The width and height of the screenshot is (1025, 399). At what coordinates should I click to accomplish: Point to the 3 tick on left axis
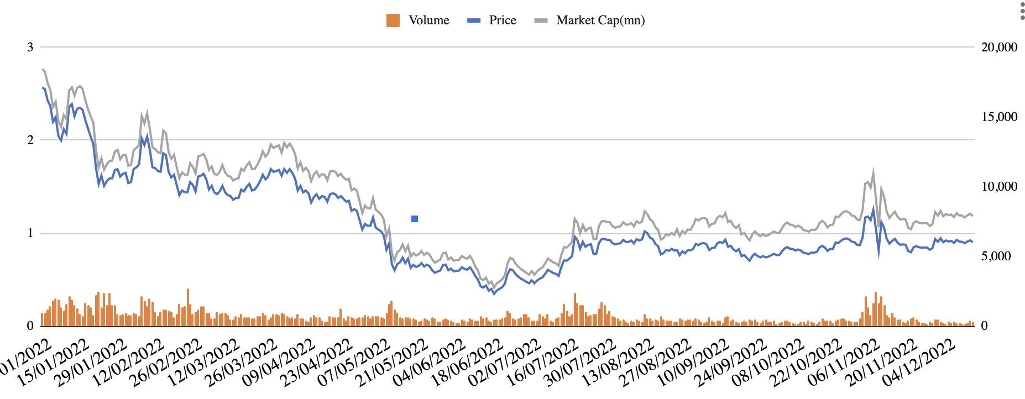click(x=30, y=47)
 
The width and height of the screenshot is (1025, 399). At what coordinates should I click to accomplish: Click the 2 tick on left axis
click(x=30, y=140)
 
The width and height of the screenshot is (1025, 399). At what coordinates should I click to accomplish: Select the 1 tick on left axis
click(x=30, y=233)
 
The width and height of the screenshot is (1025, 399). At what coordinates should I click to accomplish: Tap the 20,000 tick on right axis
click(x=999, y=47)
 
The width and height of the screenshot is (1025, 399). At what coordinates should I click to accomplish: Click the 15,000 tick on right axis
click(x=999, y=117)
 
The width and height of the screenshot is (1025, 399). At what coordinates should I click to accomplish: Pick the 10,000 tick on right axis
click(x=999, y=186)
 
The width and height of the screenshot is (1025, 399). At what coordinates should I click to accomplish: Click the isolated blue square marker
click(x=415, y=219)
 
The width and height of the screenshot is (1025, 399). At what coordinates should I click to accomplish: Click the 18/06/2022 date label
click(x=468, y=363)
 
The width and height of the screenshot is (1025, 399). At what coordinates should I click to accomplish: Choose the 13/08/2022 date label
click(x=619, y=363)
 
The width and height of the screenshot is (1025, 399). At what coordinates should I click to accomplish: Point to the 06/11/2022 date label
click(x=844, y=363)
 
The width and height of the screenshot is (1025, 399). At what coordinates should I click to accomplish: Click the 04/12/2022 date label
click(x=919, y=363)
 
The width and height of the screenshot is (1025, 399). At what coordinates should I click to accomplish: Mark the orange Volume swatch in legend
click(x=393, y=20)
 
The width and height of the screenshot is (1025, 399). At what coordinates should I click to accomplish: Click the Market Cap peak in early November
click(x=874, y=171)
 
